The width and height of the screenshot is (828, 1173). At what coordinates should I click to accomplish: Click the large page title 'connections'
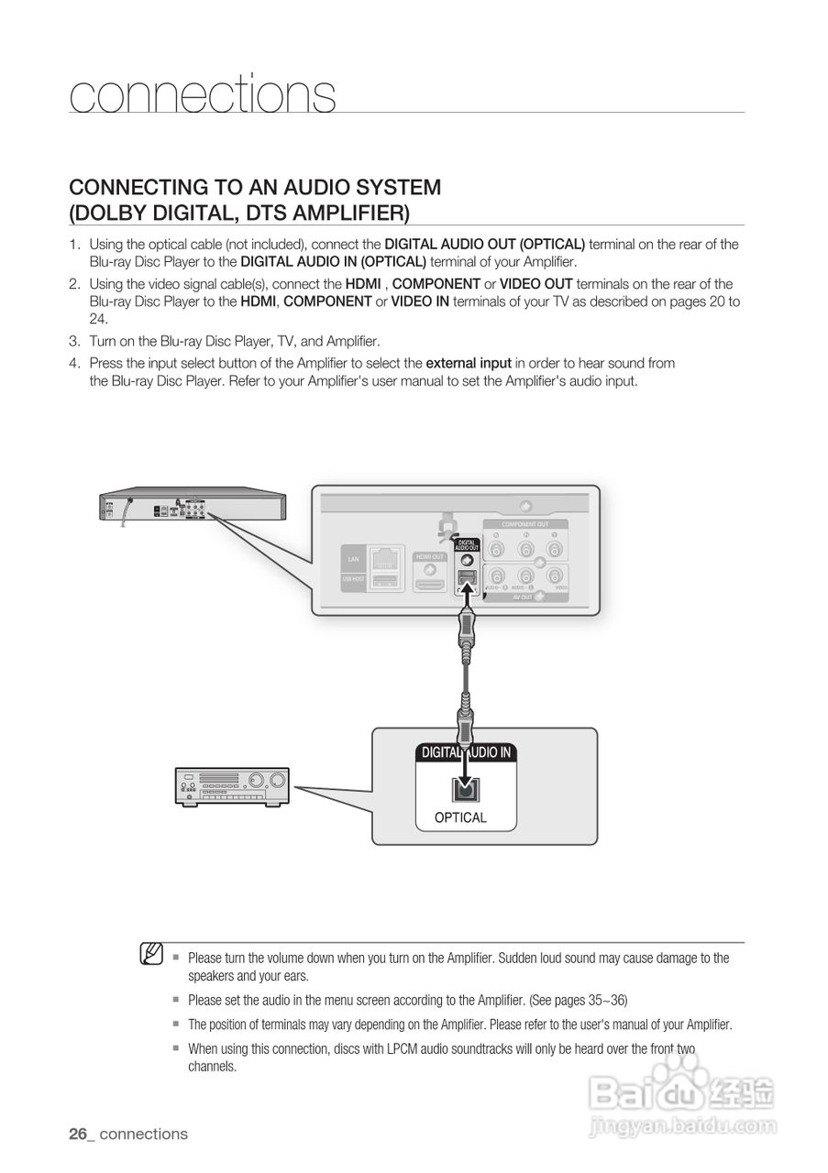click(x=203, y=94)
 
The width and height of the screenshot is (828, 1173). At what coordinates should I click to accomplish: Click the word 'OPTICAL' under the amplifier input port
click(x=460, y=817)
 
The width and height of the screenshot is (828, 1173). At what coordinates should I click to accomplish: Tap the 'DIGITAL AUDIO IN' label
click(x=465, y=752)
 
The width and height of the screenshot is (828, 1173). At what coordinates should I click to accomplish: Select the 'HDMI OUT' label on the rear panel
click(x=429, y=556)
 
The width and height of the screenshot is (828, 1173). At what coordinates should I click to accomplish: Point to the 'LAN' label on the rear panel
click(x=353, y=558)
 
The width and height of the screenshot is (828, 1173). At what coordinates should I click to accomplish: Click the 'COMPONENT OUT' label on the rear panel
click(x=524, y=524)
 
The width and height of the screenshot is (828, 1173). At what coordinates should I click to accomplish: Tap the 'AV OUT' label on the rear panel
click(x=523, y=597)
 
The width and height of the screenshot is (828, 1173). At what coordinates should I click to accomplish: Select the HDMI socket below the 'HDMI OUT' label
click(x=429, y=580)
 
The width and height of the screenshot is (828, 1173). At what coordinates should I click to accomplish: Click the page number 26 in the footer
click(x=78, y=1134)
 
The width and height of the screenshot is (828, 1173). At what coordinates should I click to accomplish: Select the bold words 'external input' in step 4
click(x=469, y=363)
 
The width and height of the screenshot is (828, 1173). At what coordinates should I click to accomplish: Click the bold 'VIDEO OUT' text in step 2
click(x=535, y=284)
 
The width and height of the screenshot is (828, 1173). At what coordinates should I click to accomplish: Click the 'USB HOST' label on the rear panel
click(x=353, y=579)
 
